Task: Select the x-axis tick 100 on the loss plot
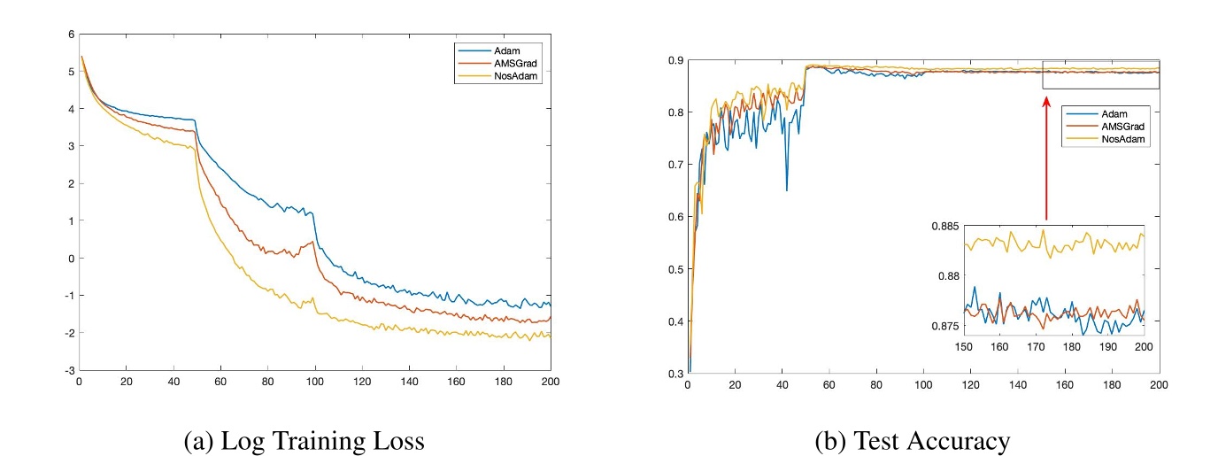[x=314, y=382]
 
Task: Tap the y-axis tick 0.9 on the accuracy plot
[x=675, y=60]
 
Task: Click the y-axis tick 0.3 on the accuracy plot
[x=675, y=373]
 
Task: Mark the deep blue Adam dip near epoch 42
[x=786, y=189]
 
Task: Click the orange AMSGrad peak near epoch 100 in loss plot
[x=312, y=242]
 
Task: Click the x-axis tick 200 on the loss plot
[x=550, y=382]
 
